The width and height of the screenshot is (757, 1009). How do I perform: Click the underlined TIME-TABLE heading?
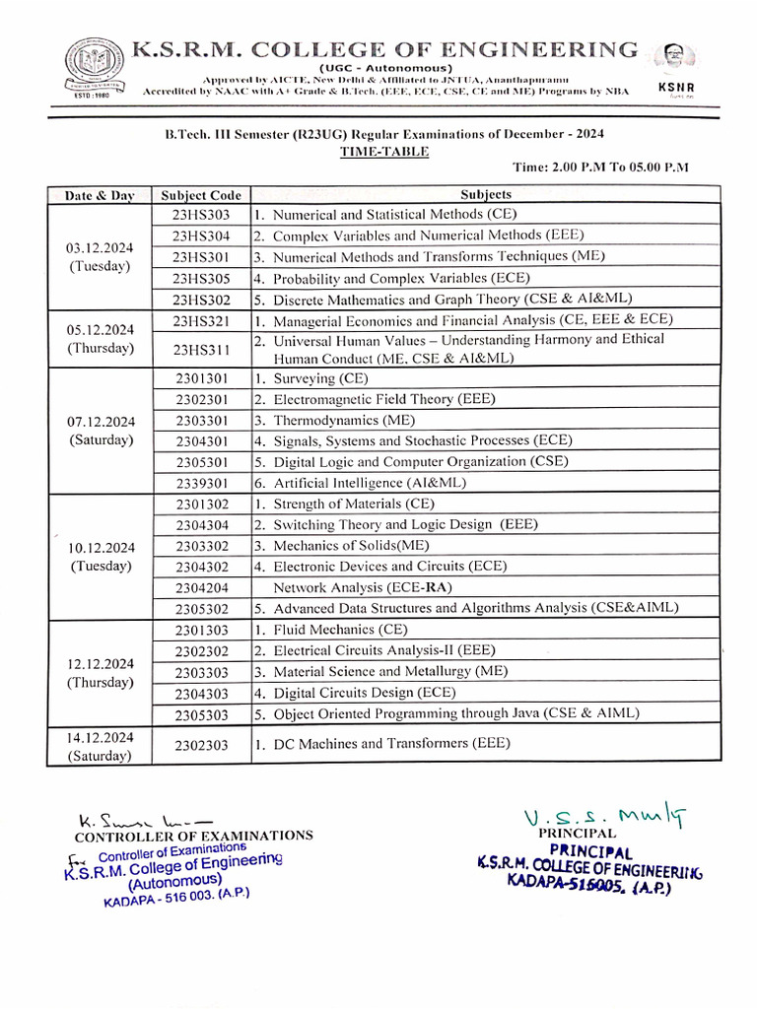371,152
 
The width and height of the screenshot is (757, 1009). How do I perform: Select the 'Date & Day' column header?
99,195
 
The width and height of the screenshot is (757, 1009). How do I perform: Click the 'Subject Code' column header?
201,195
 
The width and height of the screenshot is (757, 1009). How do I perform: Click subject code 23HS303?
201,214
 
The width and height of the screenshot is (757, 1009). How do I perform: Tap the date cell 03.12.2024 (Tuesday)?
99,256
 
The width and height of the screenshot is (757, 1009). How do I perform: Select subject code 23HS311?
201,349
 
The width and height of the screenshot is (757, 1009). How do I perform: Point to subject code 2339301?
201,483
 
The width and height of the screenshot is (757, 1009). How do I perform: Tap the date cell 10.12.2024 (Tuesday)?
99,557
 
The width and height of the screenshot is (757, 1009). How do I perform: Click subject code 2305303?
201,713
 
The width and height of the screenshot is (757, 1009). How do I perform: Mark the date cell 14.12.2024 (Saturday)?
99,746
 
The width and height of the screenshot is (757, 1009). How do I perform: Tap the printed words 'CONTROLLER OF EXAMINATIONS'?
194,836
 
